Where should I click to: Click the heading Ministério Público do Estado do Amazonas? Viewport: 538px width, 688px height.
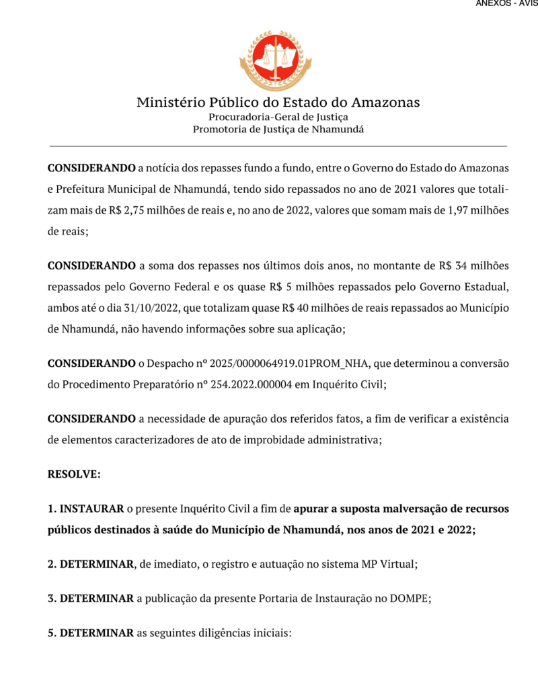(x=278, y=103)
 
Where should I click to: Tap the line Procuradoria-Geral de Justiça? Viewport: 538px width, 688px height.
(x=278, y=117)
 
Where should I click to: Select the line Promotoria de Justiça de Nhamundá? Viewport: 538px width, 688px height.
(x=278, y=129)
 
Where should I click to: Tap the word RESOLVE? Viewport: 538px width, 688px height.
(x=74, y=474)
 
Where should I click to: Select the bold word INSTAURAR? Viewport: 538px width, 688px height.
(x=91, y=509)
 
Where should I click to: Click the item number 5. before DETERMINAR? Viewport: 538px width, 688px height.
(x=52, y=633)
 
